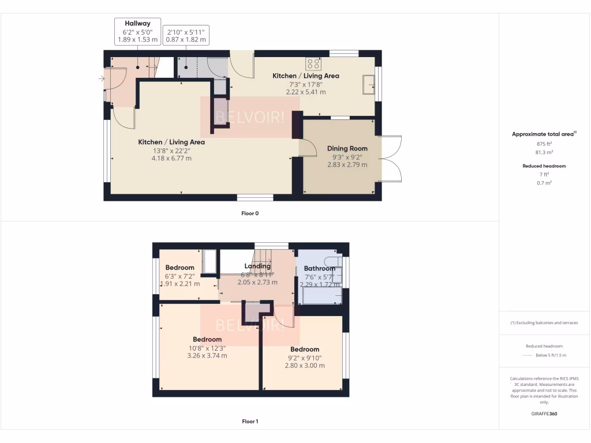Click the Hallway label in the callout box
tap(137, 24)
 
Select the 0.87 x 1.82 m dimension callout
tap(186, 40)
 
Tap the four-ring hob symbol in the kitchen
tap(314, 63)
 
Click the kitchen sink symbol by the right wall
tap(369, 85)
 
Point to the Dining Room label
tap(347, 148)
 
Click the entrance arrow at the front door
tap(103, 78)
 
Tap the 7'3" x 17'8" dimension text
tap(306, 84)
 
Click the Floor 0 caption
tap(250, 213)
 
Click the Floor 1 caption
tap(250, 422)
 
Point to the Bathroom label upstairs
tap(320, 268)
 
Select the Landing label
tap(257, 266)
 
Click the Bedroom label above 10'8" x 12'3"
tap(207, 339)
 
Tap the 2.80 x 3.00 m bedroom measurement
tap(305, 365)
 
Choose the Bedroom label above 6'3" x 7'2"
tap(179, 267)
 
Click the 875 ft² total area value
tap(545, 144)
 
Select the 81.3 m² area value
tap(545, 153)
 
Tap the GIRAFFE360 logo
tap(544, 414)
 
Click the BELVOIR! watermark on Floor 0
tap(250, 117)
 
